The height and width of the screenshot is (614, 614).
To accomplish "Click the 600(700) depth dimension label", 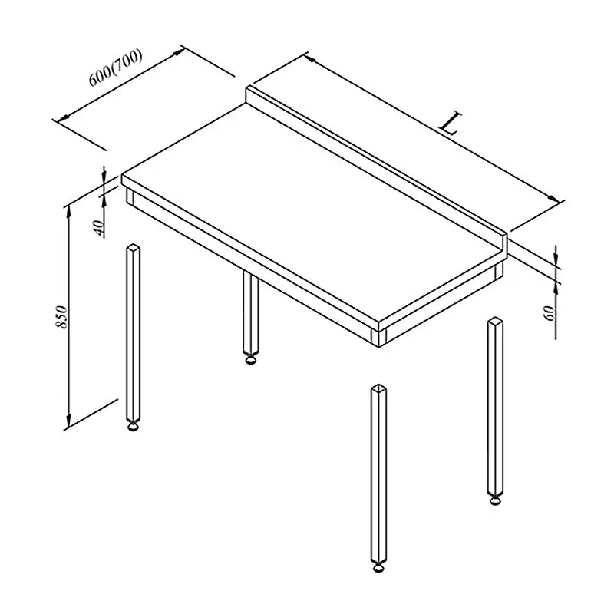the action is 116,68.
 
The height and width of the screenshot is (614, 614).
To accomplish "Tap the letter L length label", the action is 451,123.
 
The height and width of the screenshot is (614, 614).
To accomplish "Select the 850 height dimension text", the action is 62,317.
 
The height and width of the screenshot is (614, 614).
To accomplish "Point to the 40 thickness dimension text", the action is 99,228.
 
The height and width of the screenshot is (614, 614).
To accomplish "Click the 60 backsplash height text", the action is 550,313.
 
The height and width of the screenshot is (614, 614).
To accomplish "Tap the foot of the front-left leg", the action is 133,426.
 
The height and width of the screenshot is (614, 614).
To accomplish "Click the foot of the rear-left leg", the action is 251,359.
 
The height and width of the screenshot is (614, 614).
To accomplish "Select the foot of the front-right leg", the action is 378,567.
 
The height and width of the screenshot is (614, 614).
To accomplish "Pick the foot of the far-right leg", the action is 495,500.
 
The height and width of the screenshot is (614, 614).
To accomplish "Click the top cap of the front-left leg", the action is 133,246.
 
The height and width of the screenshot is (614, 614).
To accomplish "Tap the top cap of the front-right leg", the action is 378,388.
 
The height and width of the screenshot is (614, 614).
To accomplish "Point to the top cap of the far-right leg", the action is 495,321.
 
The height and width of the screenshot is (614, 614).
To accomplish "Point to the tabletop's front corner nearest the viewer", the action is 378,322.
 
